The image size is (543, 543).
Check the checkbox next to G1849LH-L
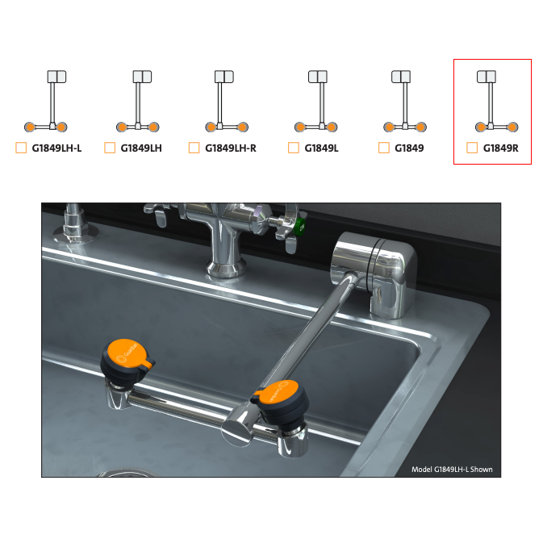click(21, 148)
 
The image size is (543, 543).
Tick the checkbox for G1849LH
click(110, 148)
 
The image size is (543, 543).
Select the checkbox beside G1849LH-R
click(194, 148)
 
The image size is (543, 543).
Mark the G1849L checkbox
click(294, 148)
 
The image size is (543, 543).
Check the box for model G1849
click(384, 148)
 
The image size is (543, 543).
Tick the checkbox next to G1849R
click(472, 148)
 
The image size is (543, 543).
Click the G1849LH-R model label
click(231, 148)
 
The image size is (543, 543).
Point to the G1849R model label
click(501, 148)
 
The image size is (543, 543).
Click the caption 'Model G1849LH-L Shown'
click(452, 470)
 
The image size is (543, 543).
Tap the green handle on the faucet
click(299, 228)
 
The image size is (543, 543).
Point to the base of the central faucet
click(227, 268)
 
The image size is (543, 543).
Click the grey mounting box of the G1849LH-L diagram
click(56, 77)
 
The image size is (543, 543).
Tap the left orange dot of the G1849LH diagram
click(122, 127)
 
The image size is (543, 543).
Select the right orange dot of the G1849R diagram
click(512, 127)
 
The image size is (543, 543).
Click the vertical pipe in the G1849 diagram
click(405, 102)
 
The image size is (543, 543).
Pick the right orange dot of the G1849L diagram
click(332, 127)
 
